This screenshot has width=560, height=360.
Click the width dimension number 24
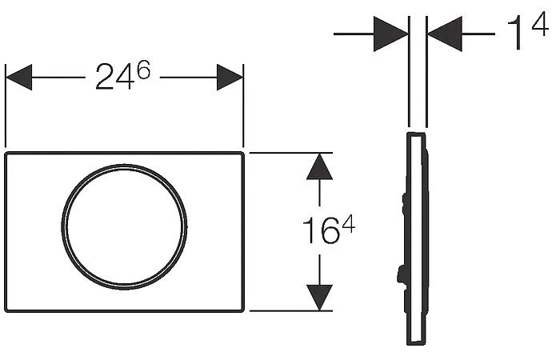tap(114, 77)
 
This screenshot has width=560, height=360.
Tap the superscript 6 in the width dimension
tap(143, 70)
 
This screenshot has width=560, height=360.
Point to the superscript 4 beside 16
tap(347, 226)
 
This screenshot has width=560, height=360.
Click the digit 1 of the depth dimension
tap(516, 33)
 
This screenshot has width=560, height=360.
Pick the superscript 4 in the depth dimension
tap(540, 24)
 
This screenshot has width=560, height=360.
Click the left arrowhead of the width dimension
tap(19, 77)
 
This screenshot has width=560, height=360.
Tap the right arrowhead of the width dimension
tap(230, 77)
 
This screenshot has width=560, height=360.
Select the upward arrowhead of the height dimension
tap(320, 166)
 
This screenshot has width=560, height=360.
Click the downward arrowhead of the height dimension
tap(320, 298)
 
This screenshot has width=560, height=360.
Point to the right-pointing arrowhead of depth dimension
tap(390, 34)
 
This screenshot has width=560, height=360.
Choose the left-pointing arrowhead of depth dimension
tap(445, 34)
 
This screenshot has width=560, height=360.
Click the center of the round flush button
tap(124, 226)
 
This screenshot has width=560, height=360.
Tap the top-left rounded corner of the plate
tap(7, 154)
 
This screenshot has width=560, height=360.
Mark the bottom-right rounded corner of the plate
tap(242, 310)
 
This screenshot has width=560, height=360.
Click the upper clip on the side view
tap(404, 203)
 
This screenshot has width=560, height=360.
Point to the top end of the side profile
tap(416, 134)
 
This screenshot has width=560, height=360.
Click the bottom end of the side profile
tap(416, 343)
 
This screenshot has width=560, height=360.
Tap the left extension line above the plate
tap(6, 106)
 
